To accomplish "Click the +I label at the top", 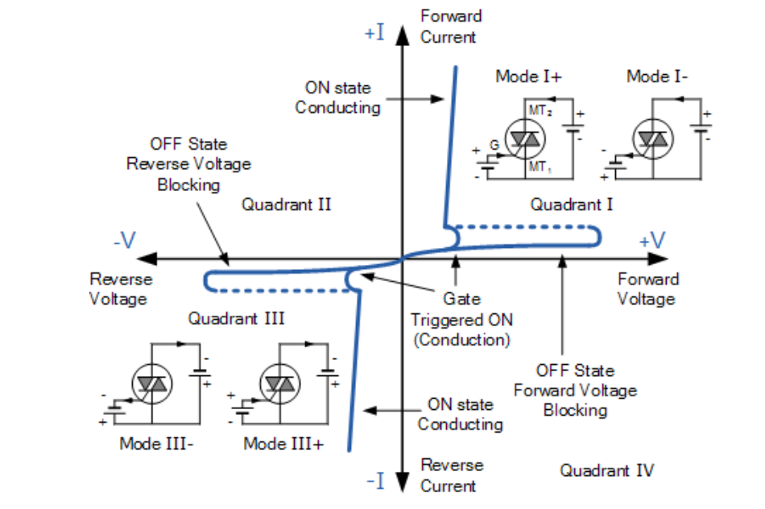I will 374,33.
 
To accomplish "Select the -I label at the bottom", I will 376,482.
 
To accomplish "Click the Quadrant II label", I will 287,205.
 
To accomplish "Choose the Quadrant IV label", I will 607,470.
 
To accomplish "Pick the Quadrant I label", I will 572,205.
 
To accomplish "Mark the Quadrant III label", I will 236,319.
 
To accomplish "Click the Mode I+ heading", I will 528,77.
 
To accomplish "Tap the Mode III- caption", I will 156,444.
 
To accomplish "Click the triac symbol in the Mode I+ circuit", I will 524,140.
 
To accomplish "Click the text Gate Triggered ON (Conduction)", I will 461,319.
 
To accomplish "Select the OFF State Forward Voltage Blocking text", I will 575,391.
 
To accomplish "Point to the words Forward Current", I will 450,26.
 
